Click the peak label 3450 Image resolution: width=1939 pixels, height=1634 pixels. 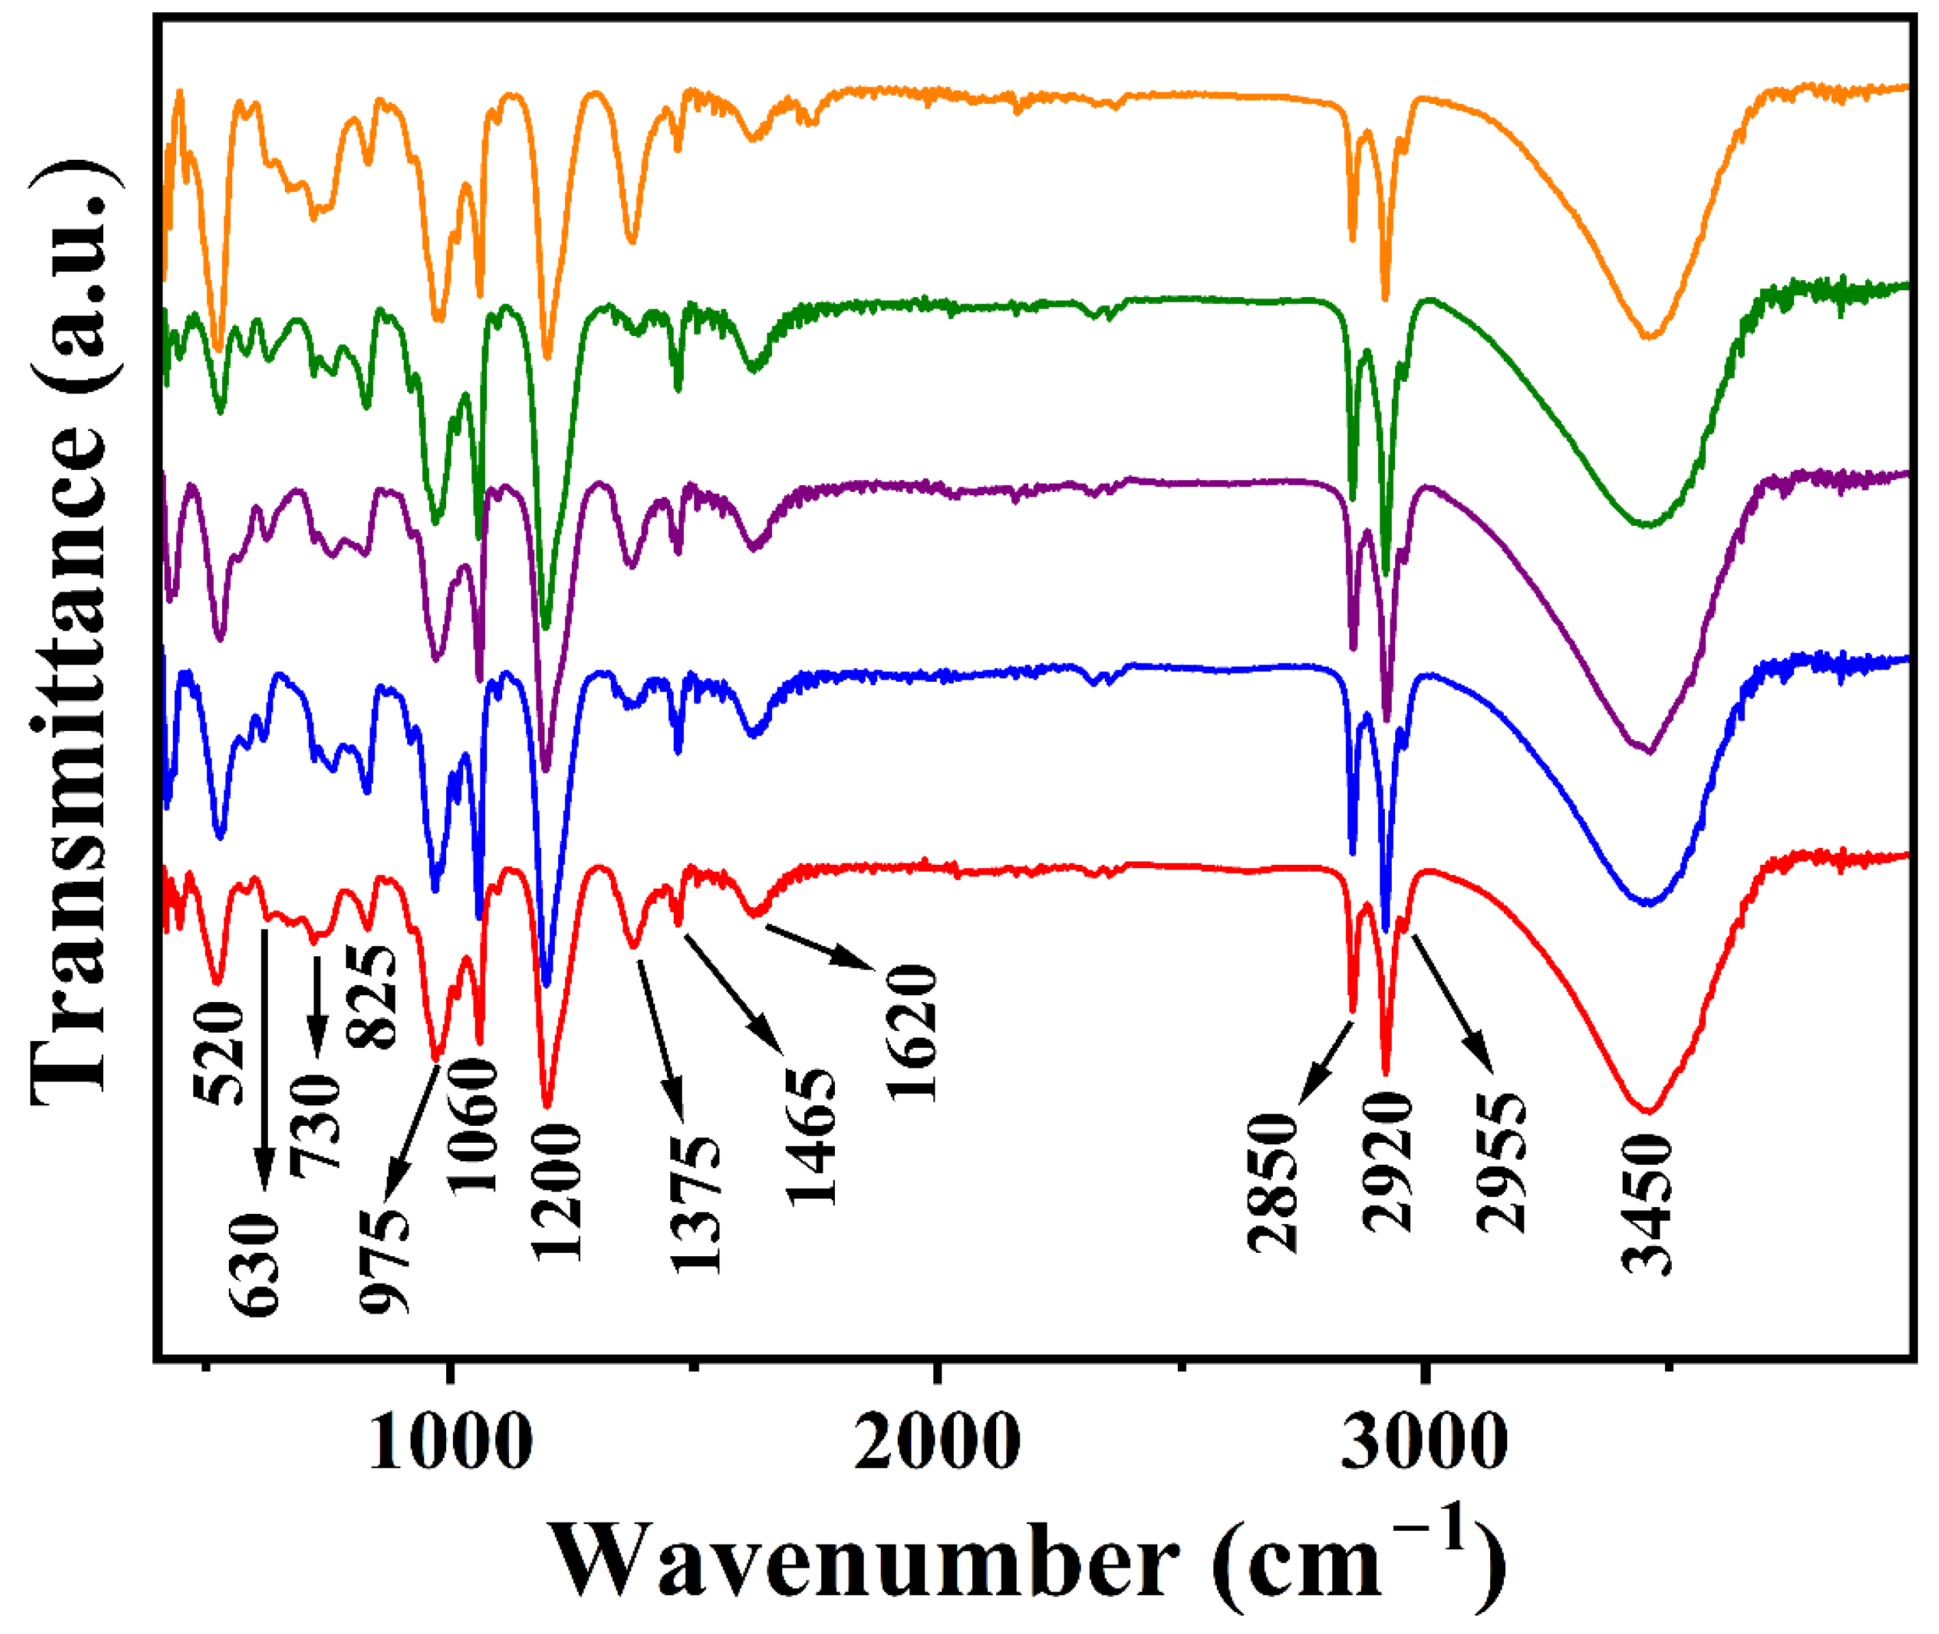pyautogui.click(x=1647, y=1204)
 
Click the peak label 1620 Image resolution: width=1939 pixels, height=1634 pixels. pyautogui.click(x=913, y=1032)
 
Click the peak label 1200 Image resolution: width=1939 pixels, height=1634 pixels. pyautogui.click(x=557, y=1192)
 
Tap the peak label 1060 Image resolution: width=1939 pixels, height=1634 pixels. pyautogui.click(x=473, y=1126)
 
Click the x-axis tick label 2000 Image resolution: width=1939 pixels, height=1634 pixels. pyautogui.click(x=937, y=1442)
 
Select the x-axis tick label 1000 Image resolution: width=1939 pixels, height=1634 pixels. pyautogui.click(x=450, y=1442)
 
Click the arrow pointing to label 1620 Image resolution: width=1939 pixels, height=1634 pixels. pyautogui.click(x=821, y=947)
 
